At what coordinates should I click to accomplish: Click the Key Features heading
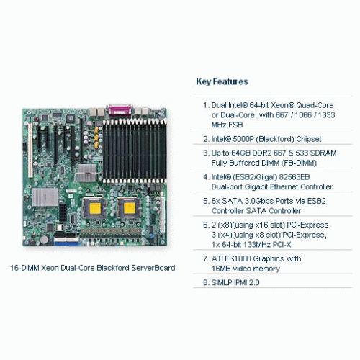222,81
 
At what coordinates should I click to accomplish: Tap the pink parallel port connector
120,110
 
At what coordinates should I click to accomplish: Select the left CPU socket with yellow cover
94,208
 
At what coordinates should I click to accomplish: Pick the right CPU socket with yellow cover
130,207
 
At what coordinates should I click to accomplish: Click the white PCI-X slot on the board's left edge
30,150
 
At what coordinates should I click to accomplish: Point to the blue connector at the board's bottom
66,244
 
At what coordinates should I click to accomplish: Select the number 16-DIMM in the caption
24,268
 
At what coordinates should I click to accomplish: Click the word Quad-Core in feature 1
315,105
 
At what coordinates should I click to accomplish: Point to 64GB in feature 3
240,153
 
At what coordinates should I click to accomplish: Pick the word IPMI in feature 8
240,282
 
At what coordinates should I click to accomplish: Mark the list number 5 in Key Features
206,201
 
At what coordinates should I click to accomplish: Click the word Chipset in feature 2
309,139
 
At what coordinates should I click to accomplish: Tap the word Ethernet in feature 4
284,186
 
